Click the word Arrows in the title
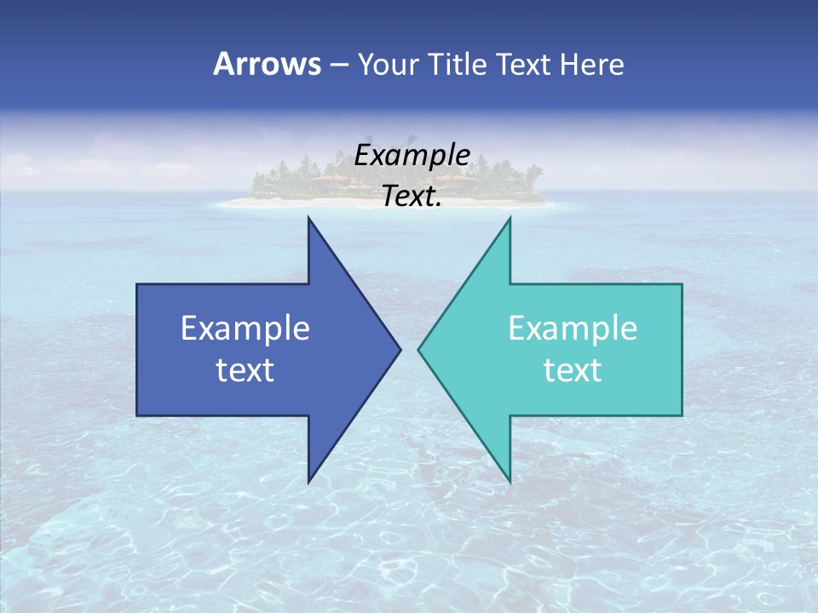click(x=268, y=64)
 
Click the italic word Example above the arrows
click(x=412, y=155)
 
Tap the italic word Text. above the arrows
click(x=412, y=196)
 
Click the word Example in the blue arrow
click(x=245, y=329)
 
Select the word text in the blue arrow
click(x=245, y=370)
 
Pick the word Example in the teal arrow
click(x=573, y=329)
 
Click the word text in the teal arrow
click(x=573, y=370)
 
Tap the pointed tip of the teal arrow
click(x=419, y=349)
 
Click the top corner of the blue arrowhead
click(x=308, y=219)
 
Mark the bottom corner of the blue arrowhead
click(x=308, y=481)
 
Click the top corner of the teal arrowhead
click(x=510, y=219)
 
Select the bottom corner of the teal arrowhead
click(x=510, y=481)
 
